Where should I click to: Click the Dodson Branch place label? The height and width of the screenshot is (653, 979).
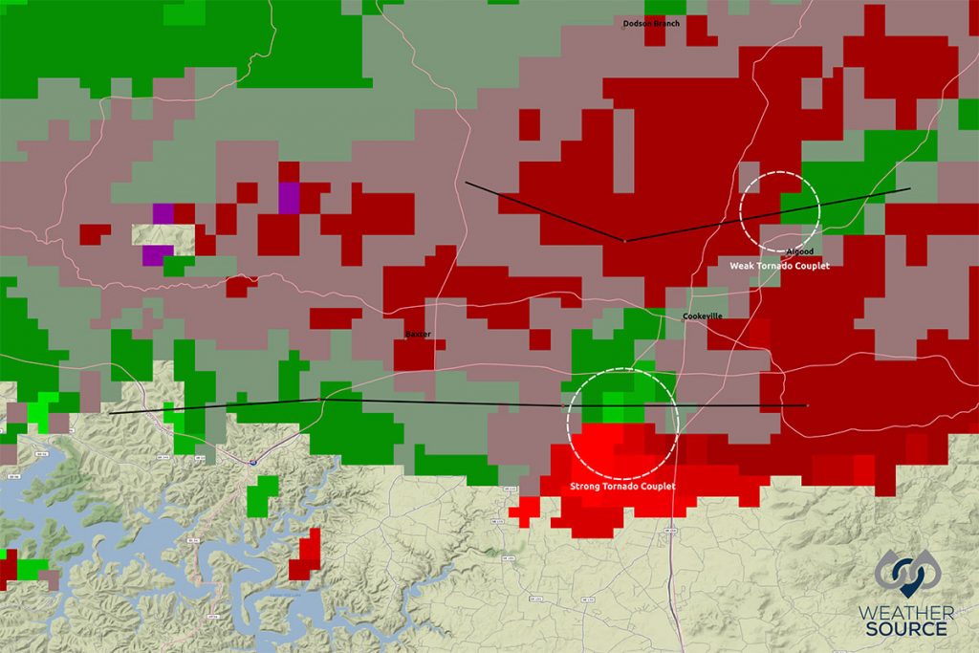pyautogui.click(x=651, y=23)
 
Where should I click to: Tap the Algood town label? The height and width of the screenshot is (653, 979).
pyautogui.click(x=798, y=251)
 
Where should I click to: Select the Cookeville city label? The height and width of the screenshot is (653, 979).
pyautogui.click(x=703, y=316)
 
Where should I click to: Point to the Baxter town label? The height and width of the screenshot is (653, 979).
pyautogui.click(x=418, y=335)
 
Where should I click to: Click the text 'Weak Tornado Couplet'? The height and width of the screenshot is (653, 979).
pyautogui.click(x=779, y=266)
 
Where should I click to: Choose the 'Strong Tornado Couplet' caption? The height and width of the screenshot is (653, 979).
pyautogui.click(x=622, y=487)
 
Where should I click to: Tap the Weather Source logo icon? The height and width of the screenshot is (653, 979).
pyautogui.click(x=906, y=574)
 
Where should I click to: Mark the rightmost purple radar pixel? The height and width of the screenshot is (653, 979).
pyautogui.click(x=289, y=196)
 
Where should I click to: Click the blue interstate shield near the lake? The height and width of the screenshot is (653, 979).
pyautogui.click(x=253, y=462)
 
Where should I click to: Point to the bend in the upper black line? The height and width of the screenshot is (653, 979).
pyautogui.click(x=624, y=241)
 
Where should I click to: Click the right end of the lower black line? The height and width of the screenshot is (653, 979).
pyautogui.click(x=807, y=405)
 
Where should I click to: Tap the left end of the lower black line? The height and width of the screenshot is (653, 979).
pyautogui.click(x=111, y=413)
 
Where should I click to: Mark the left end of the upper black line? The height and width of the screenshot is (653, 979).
pyautogui.click(x=466, y=182)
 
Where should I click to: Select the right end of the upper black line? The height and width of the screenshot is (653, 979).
pyautogui.click(x=909, y=188)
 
